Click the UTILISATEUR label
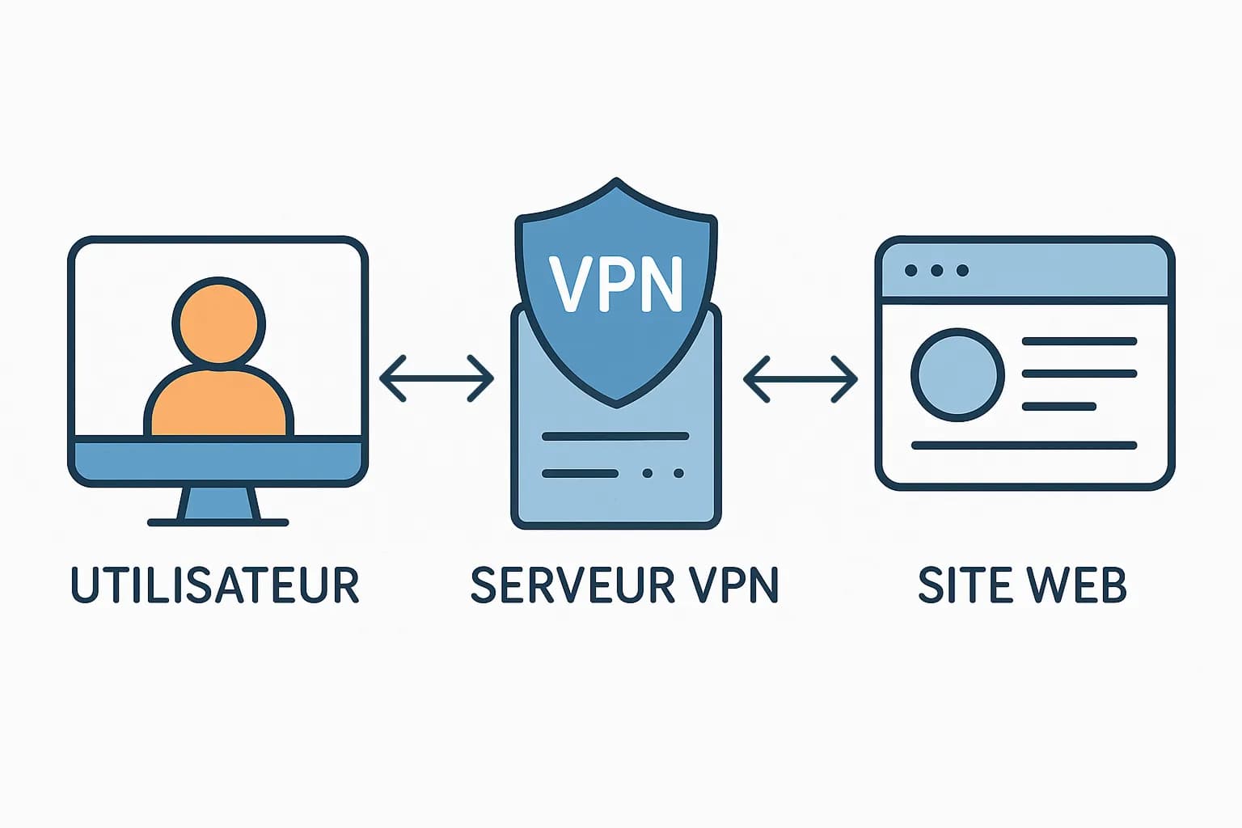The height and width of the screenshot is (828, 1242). pos(215,585)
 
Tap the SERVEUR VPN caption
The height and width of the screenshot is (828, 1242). pos(623,585)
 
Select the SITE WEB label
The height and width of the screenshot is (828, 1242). pos(1022,585)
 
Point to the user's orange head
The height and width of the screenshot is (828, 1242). pos(218,323)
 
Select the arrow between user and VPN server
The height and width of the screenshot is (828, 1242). pos(437,378)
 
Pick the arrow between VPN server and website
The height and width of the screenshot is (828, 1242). pos(800,378)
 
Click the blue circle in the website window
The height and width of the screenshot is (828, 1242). pos(957,374)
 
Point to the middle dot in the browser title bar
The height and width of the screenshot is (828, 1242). pos(936,271)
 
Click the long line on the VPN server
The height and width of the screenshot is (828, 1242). pos(615,437)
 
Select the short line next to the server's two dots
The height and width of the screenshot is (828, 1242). pos(580,473)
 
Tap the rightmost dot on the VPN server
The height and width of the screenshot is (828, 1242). pos(678,473)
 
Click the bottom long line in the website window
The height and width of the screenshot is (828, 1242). pos(1024,446)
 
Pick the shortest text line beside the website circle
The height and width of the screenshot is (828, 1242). pos(1059,407)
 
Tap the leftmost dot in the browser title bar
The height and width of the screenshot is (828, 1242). pos(911,271)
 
